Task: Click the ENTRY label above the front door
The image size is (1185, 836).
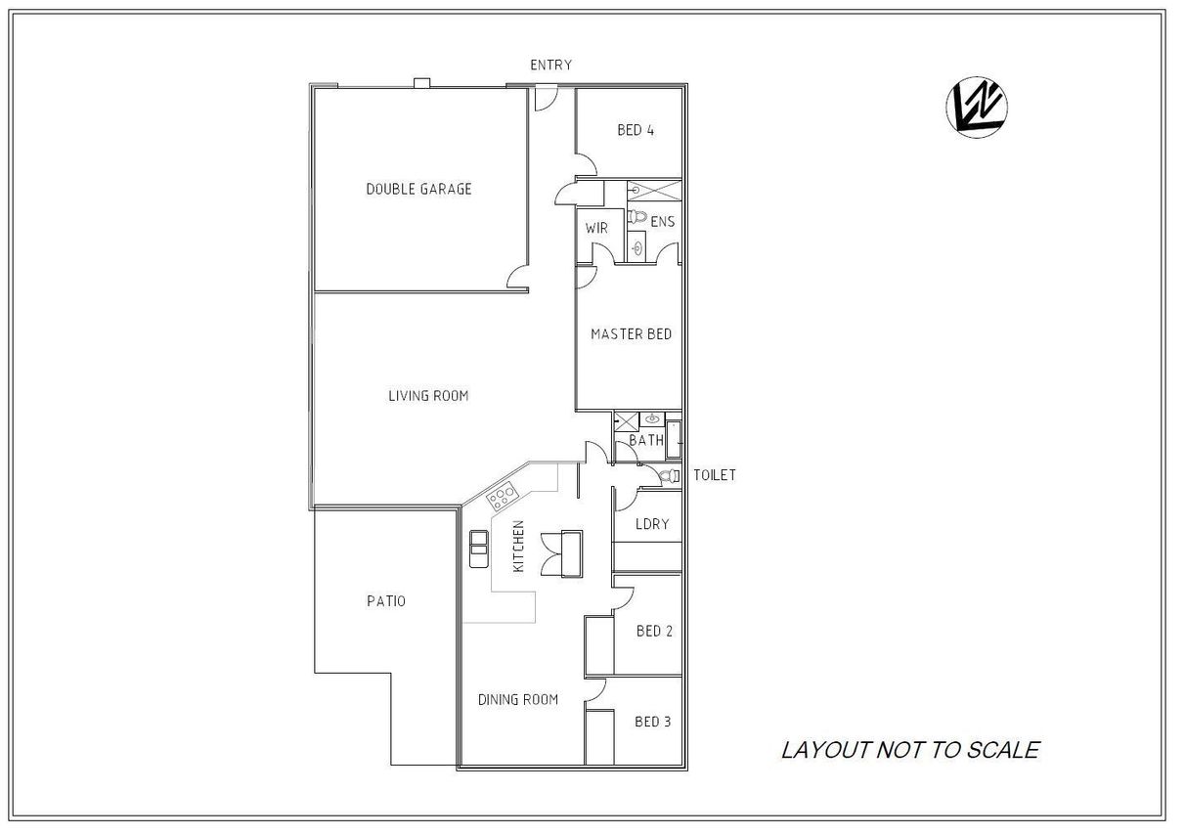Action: point(550,66)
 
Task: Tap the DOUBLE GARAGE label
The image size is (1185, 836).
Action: point(418,189)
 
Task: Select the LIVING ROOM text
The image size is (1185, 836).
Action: point(428,396)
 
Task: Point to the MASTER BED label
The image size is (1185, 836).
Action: point(631,334)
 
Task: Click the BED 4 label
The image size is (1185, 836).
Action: point(636,130)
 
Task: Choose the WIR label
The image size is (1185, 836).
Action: point(596,229)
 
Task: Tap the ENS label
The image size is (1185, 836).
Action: point(662,222)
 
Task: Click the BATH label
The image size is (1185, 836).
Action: point(646,440)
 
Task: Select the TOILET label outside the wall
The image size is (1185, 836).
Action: point(714,475)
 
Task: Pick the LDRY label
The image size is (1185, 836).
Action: point(652,524)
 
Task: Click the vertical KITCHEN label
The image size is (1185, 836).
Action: point(518,546)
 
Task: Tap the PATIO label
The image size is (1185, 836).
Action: point(385,601)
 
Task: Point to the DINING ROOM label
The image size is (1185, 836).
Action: point(518,699)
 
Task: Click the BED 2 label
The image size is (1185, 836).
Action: point(654,631)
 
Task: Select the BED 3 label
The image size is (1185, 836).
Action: point(653,722)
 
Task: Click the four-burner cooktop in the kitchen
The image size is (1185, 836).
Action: point(502,497)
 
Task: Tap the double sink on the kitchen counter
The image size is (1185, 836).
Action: point(479,550)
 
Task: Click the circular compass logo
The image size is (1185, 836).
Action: point(977,108)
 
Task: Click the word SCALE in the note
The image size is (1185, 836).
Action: point(1003,750)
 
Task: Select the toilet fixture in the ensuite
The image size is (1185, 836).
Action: point(637,216)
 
